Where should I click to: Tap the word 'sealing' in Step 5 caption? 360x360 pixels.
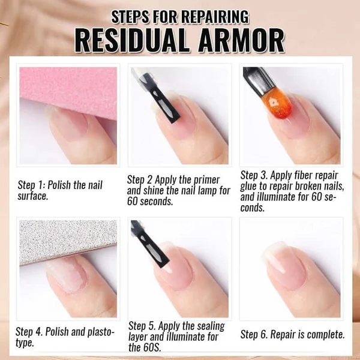(206, 326)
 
